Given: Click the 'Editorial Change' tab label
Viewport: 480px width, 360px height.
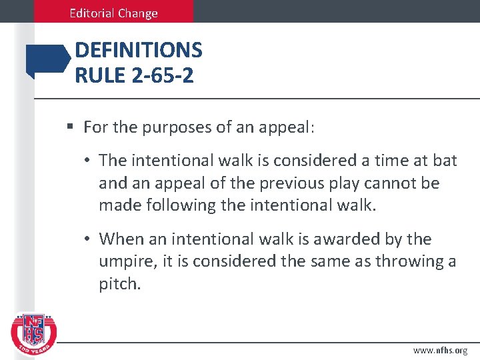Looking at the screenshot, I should coord(114,13).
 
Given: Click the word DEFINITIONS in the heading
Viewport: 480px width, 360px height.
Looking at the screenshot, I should coord(139,50).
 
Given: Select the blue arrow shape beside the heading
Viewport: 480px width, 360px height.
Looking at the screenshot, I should coord(47,61).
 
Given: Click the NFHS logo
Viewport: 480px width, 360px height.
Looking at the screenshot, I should coord(34,334).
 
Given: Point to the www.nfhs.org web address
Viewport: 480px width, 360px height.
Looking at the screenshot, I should coord(440,350).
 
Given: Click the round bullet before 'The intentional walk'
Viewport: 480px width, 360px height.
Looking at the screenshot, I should coord(89,160).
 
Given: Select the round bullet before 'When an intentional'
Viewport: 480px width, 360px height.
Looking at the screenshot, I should coord(89,239).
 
